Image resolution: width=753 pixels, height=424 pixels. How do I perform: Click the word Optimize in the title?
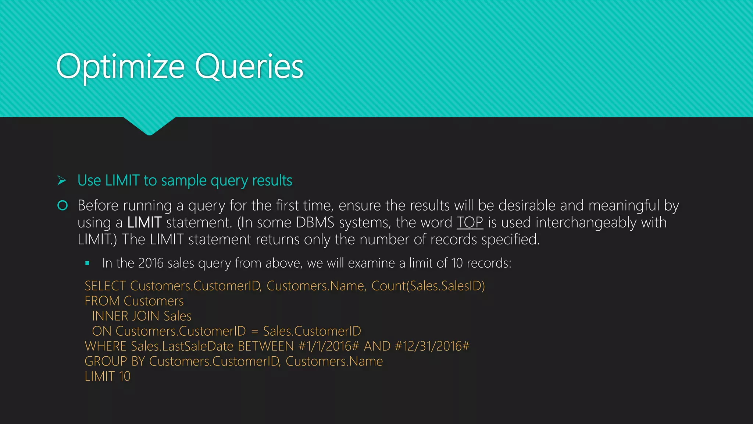pos(120,67)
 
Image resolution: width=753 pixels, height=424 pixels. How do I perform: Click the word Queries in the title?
pos(249,67)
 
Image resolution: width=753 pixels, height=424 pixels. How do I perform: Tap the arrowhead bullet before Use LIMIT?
pos(62,180)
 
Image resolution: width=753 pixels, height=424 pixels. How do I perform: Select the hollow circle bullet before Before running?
pos(63,205)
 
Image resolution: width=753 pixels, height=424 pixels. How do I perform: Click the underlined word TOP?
pos(470,222)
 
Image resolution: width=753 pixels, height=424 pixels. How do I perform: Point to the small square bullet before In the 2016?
pos(87,263)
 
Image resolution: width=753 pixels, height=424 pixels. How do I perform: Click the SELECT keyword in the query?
pos(105,286)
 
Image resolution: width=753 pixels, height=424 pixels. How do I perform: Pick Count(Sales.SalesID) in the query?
pos(428,286)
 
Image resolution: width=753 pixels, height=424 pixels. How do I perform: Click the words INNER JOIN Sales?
pos(142,316)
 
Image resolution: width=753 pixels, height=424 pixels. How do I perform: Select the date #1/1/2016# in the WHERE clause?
pos(328,346)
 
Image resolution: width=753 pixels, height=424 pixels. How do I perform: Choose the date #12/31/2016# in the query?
pos(432,346)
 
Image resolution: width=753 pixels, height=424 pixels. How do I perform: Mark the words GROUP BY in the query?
pos(115,361)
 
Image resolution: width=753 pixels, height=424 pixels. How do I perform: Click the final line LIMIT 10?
pos(107,377)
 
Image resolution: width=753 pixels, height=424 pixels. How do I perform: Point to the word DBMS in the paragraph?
pos(315,222)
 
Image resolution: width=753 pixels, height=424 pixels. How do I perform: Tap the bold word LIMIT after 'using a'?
pos(144,222)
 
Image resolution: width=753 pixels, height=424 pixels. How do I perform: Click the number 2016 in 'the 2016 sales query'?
pos(151,263)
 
